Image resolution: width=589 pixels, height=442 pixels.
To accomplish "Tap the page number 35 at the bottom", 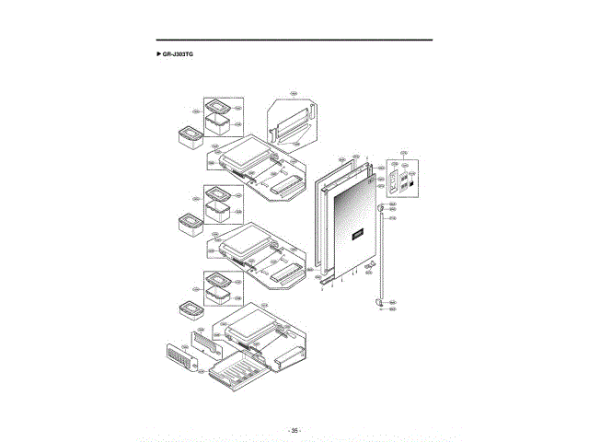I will (x=294, y=430).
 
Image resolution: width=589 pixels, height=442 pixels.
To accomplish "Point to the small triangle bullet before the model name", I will (x=159, y=55).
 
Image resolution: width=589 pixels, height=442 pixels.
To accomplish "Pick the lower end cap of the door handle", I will (x=380, y=300).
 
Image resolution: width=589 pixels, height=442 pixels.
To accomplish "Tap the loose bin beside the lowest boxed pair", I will (x=190, y=309).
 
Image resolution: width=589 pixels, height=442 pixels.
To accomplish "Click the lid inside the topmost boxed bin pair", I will (x=218, y=106).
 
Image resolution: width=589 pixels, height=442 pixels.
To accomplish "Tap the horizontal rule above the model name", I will (x=294, y=40).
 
